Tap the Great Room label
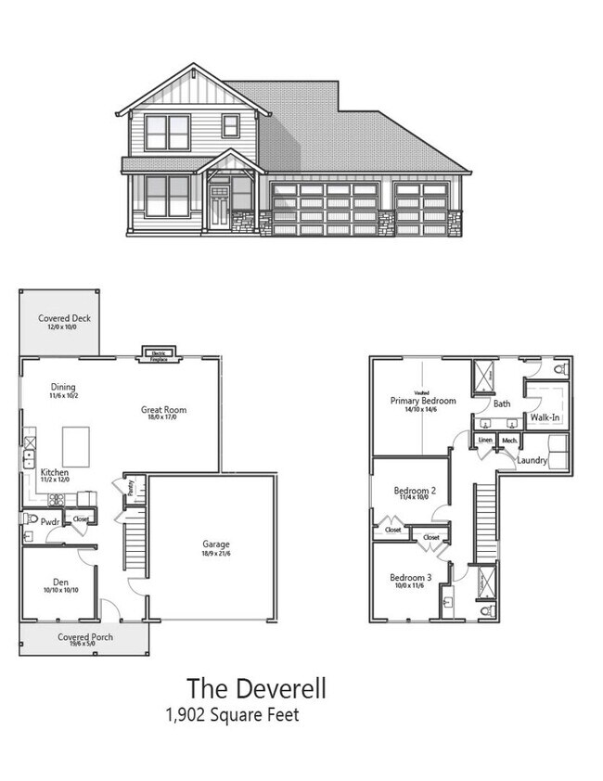click(163, 410)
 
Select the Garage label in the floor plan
click(216, 544)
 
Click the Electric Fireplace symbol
click(159, 352)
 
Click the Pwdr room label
click(49, 521)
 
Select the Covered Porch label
click(85, 637)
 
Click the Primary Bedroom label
click(423, 401)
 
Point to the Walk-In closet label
click(545, 417)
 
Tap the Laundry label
click(532, 459)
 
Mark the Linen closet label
click(485, 440)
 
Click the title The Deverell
click(256, 688)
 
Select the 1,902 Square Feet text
click(232, 715)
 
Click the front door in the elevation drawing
click(219, 206)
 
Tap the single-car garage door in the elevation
click(421, 209)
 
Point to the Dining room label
click(64, 388)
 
